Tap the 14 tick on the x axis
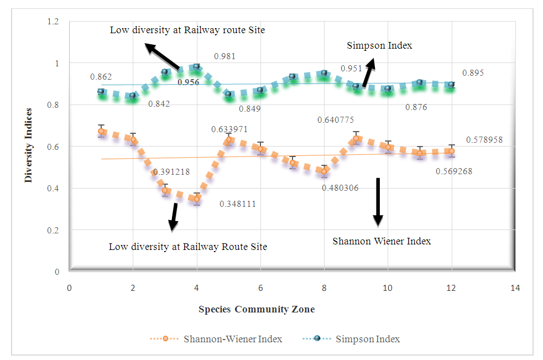point(515,288)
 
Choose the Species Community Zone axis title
point(257,309)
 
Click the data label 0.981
point(224,56)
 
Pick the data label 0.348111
point(238,204)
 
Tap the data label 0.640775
point(336,119)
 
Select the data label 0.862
point(101,77)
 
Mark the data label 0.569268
point(453,171)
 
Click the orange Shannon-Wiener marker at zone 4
point(196,199)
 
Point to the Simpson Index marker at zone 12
point(451,85)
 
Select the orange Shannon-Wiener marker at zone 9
point(356,138)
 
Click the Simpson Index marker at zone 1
point(101,91)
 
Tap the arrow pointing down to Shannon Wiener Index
point(378,201)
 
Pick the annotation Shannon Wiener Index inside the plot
point(382,241)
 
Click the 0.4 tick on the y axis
point(56,189)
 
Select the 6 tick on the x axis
point(260,288)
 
